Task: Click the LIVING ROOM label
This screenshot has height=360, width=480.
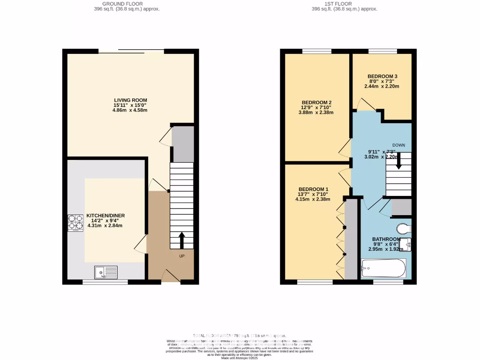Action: pyautogui.click(x=130, y=100)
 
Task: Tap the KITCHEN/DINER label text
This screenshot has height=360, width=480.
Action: pyautogui.click(x=105, y=216)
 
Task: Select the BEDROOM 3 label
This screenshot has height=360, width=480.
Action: pyautogui.click(x=382, y=76)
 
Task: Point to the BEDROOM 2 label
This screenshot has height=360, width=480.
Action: pyautogui.click(x=316, y=103)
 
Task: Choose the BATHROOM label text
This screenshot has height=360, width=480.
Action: pyautogui.click(x=386, y=239)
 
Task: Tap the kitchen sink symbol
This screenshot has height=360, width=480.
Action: pyautogui.click(x=106, y=272)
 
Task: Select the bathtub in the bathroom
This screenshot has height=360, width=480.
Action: pyautogui.click(x=383, y=269)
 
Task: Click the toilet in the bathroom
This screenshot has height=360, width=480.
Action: pyautogui.click(x=404, y=228)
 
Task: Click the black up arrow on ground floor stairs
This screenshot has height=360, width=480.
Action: pyautogui.click(x=181, y=240)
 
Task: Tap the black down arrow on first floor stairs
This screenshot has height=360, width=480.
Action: pyautogui.click(x=398, y=161)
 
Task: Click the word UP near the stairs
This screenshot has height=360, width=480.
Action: pyautogui.click(x=181, y=256)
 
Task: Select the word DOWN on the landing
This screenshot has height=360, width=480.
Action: pyautogui.click(x=398, y=145)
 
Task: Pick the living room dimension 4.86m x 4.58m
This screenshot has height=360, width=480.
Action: pyautogui.click(x=130, y=111)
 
